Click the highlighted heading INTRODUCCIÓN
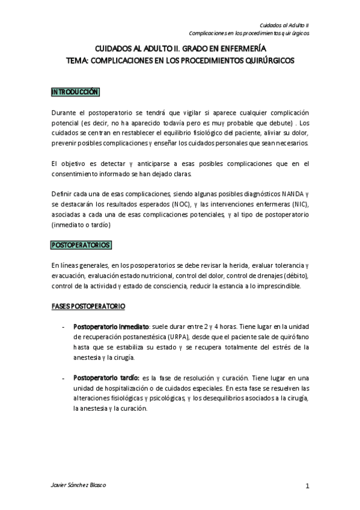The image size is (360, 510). coord(75,92)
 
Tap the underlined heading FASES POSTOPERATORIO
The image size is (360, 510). coord(88,307)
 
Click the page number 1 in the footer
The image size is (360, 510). coord(307,487)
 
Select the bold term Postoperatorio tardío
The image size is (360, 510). coord(106,378)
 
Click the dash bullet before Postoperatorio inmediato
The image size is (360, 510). coord(64,327)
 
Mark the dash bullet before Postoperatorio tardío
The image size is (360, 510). coord(64,378)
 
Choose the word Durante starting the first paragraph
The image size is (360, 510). coord(63,113)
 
